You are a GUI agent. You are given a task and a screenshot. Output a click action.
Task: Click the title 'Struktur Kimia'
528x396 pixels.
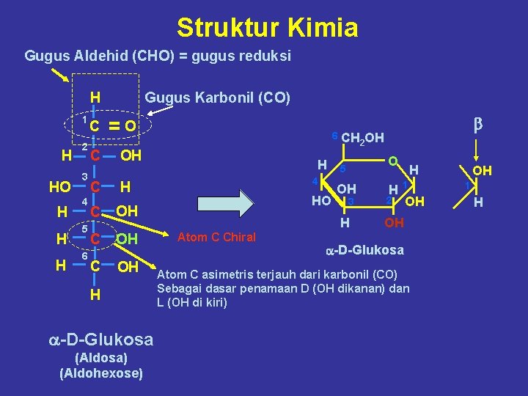click(267, 28)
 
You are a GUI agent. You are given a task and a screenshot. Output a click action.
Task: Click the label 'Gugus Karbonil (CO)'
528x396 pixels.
click(218, 98)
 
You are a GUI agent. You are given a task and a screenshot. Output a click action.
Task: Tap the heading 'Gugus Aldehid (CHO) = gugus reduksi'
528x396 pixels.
click(158, 56)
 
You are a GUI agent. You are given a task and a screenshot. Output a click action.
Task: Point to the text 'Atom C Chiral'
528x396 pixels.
click(217, 237)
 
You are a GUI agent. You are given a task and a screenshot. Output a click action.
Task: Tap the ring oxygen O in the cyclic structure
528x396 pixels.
click(393, 161)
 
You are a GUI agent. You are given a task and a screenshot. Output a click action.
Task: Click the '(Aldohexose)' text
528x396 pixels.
click(101, 373)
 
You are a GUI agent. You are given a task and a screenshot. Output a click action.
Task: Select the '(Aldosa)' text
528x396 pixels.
click(101, 358)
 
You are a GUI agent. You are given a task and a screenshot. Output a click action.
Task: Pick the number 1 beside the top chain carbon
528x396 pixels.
click(85, 119)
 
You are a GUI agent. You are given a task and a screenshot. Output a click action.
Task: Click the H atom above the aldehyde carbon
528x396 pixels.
click(95, 98)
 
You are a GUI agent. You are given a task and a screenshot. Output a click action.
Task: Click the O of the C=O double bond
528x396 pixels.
click(129, 126)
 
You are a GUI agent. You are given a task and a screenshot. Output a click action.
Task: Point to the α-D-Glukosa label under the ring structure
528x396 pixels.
click(364, 250)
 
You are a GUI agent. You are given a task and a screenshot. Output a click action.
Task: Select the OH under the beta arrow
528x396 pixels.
click(482, 171)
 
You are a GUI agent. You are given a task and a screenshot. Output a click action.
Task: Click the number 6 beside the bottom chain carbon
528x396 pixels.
click(85, 257)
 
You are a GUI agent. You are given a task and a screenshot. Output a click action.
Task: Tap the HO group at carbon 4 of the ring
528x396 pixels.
click(320, 199)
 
